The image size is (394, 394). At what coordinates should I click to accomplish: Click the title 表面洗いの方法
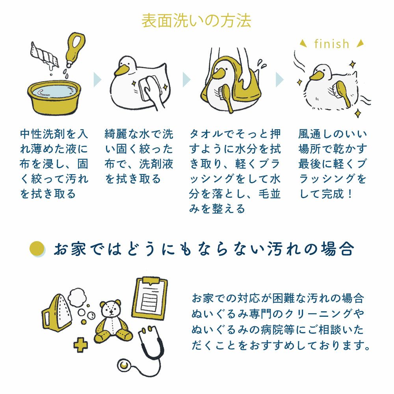click(196, 20)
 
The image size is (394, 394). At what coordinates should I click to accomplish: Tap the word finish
click(332, 44)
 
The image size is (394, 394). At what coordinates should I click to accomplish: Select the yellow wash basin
click(54, 97)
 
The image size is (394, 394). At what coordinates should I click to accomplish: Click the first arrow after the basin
click(97, 80)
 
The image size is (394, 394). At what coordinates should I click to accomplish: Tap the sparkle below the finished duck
click(357, 113)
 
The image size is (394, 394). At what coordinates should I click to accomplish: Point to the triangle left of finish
click(303, 44)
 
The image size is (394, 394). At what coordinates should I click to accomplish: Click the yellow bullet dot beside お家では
click(37, 249)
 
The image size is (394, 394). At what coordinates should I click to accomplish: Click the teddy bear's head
click(111, 309)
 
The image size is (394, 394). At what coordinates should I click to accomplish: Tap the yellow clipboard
click(150, 298)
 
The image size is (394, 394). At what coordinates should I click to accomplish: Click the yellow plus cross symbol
click(80, 346)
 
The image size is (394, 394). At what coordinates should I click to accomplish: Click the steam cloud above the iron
click(77, 297)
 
